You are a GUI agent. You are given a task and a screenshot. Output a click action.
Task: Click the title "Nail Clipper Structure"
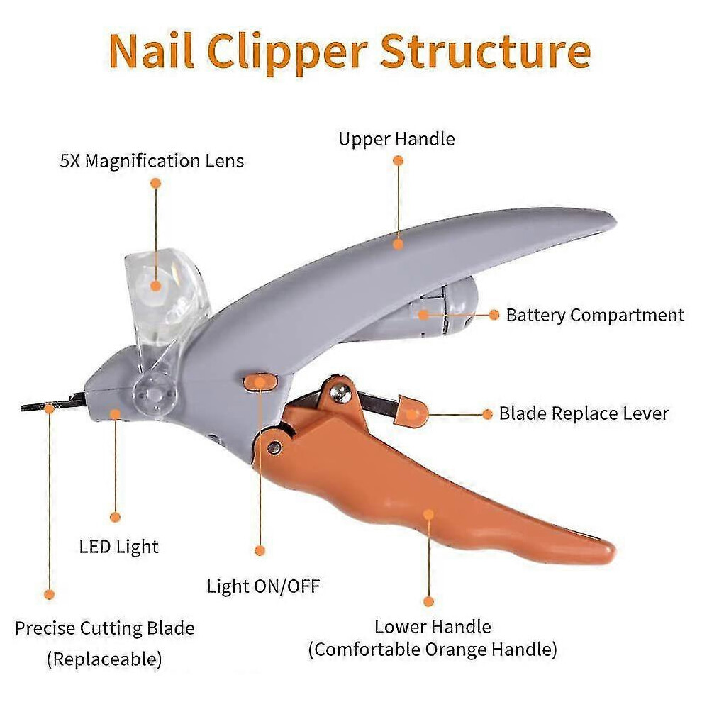pos(350,52)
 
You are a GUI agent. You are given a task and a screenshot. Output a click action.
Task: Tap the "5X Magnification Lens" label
pos(152,161)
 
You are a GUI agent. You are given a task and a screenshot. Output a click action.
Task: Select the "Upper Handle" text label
pos(396,139)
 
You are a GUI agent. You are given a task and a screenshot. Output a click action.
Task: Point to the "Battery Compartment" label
pos(595,315)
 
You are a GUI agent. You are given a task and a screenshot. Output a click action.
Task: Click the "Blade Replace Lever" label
pos(584,413)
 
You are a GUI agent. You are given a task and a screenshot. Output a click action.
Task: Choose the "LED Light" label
pos(118,547)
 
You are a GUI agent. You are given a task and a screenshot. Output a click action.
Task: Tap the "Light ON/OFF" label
pos(263,586)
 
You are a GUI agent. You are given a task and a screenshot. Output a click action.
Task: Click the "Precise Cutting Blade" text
pos(104,628)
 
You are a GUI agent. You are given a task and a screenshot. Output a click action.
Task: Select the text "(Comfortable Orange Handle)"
pos(433,650)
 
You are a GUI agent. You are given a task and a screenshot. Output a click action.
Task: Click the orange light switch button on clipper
pos(260,382)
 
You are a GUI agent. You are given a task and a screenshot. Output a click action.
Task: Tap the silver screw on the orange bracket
pos(338,392)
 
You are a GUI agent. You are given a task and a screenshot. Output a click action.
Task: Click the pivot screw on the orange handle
pos(274,447)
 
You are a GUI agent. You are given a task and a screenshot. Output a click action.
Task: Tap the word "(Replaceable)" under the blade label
pos(104,659)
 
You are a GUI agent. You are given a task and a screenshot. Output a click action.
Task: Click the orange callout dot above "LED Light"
pos(116,518)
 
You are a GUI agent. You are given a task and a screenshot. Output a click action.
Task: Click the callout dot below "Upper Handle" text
pos(398,160)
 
